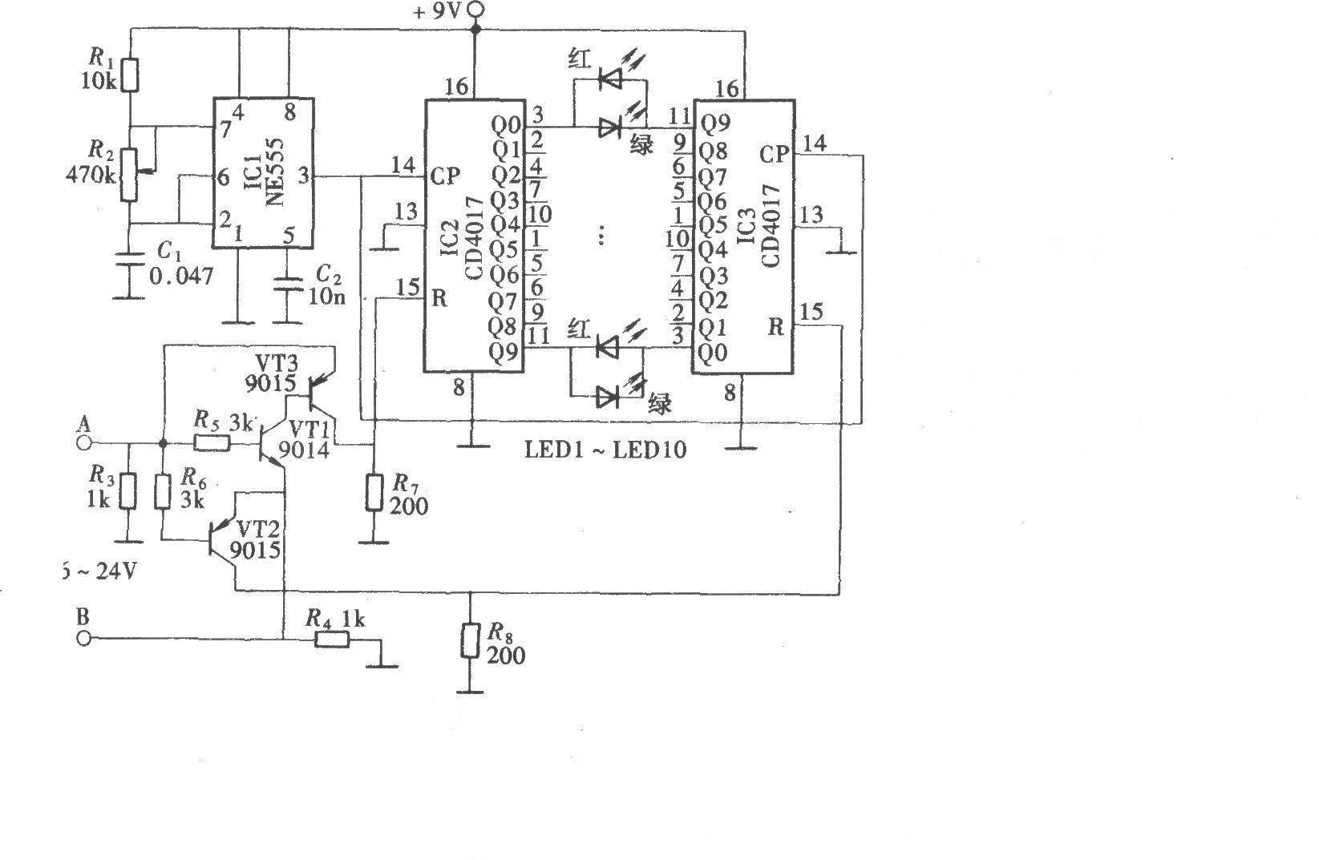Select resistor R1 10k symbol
pos(130,75)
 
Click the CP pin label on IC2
pos(445,176)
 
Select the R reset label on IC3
pos(775,326)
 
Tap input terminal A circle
pos(83,442)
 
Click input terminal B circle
pos(83,639)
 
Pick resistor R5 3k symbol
pos(208,442)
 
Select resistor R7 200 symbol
pos(374,492)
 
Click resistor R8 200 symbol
pos(471,641)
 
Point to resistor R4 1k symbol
pos(330,639)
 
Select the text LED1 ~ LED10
pos(605,450)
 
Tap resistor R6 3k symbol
pos(163,491)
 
